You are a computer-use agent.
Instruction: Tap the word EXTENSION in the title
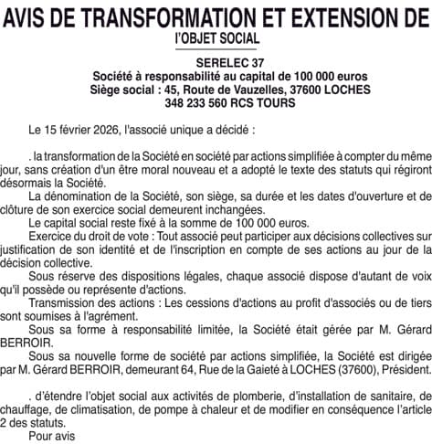(x=324, y=17)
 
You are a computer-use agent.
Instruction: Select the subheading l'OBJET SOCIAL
(x=216, y=39)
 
